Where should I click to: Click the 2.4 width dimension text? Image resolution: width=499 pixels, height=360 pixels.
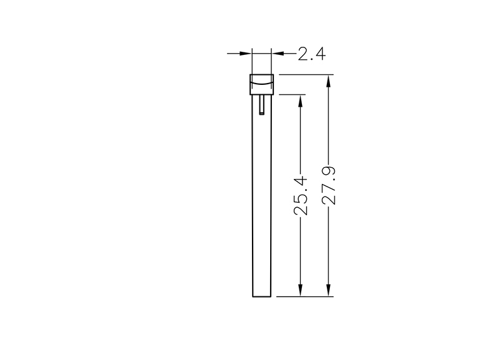(x=312, y=54)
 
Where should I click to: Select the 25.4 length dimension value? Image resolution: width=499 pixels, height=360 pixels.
(x=301, y=196)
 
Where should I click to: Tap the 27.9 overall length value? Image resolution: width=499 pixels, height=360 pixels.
(x=329, y=185)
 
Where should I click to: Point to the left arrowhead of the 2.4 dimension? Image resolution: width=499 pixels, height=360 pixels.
(x=245, y=54)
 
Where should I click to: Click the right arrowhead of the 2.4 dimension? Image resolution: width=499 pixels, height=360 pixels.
(x=278, y=54)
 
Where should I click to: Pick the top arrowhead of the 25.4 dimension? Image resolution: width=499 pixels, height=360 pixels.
(x=300, y=100)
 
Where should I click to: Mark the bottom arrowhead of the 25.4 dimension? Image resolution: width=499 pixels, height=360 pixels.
(x=300, y=290)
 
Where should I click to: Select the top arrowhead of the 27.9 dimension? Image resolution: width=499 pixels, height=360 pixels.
(x=329, y=81)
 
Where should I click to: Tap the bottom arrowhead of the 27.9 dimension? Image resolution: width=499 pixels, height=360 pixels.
(x=329, y=290)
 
